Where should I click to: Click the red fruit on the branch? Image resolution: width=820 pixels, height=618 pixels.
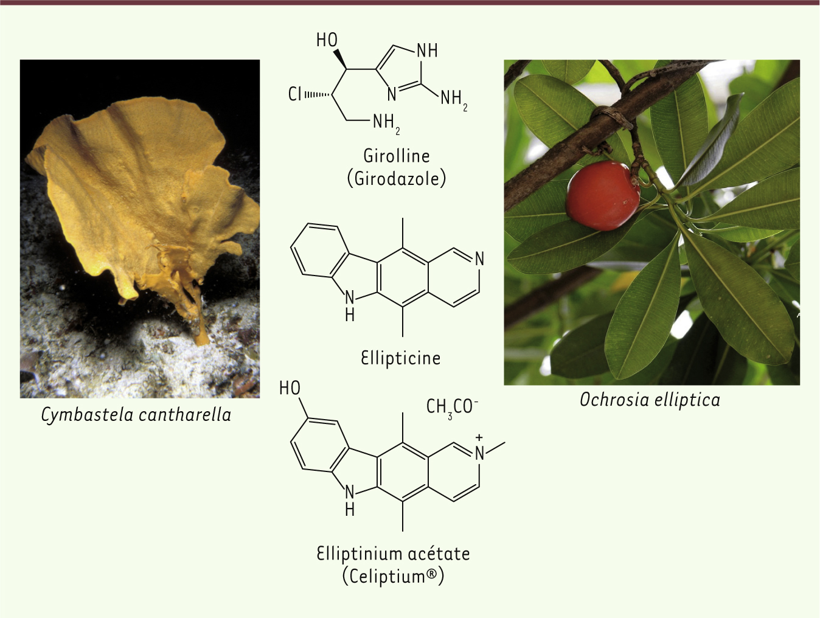pos(602,195)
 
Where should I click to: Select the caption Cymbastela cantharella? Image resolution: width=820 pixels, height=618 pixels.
pos(136,415)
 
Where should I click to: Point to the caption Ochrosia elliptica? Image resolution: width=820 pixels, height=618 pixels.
pos(650,400)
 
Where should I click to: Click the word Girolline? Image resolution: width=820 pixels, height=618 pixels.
pos(397,156)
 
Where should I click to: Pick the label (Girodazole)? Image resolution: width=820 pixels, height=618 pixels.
pos(397,179)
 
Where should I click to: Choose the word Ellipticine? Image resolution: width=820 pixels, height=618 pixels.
pos(400,358)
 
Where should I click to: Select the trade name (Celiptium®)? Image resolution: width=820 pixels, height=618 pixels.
pos(393,576)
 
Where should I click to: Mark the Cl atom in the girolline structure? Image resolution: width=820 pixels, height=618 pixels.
pos(295,94)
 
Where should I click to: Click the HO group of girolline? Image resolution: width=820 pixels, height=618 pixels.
pos(327,40)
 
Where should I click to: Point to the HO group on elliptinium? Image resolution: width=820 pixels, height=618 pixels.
pos(290,388)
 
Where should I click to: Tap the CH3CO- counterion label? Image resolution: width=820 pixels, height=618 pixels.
pos(452,407)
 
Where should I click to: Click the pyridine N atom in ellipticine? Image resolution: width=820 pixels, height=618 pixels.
pos(479,259)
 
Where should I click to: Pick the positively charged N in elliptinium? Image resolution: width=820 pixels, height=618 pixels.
pos(479,453)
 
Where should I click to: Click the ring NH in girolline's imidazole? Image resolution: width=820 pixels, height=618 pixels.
pos(427,50)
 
